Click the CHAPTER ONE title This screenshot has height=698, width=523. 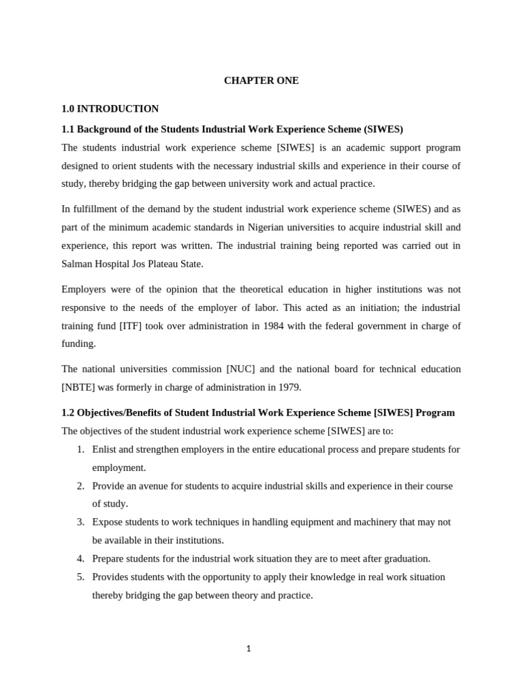point(261,80)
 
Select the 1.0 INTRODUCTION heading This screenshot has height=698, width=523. point(110,108)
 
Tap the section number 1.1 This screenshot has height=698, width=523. point(68,129)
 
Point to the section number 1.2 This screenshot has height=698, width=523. point(68,412)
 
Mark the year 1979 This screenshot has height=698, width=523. point(287,387)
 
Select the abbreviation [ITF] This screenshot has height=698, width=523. point(133,326)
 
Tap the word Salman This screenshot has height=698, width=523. point(78,264)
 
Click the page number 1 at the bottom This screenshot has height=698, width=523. point(249,649)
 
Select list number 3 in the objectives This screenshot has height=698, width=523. point(80,522)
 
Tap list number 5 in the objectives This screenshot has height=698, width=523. point(80,577)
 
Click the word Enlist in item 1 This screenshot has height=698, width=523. point(105,449)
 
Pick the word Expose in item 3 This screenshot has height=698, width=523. point(108,522)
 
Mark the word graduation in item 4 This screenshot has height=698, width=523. point(405,559)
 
